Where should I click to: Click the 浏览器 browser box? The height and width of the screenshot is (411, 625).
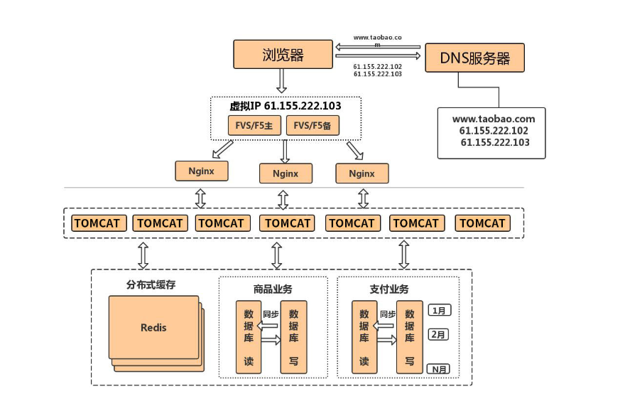pyautogui.click(x=283, y=55)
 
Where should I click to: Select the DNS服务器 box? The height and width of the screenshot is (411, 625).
pyautogui.click(x=474, y=58)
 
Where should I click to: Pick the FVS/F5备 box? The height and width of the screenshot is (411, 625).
pyautogui.click(x=313, y=126)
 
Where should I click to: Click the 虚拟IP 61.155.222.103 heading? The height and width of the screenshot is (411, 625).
pyautogui.click(x=285, y=106)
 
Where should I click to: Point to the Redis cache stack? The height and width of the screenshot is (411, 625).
pyautogui.click(x=155, y=329)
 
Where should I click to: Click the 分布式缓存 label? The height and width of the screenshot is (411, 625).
pyautogui.click(x=151, y=285)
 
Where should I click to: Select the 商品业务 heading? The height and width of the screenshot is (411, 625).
pyautogui.click(x=272, y=289)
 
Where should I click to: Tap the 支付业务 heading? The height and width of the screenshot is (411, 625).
pyautogui.click(x=389, y=289)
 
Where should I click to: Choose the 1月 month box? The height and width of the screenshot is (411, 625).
pyautogui.click(x=440, y=310)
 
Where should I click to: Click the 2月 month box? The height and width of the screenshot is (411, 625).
pyautogui.click(x=440, y=333)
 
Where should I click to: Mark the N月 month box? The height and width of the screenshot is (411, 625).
pyautogui.click(x=440, y=368)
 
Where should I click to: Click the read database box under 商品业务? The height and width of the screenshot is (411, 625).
pyautogui.click(x=249, y=337)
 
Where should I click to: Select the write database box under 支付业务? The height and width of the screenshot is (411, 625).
pyautogui.click(x=409, y=337)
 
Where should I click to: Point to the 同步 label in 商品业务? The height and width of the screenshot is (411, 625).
pyautogui.click(x=270, y=314)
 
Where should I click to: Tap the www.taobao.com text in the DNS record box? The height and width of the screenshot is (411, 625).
pyautogui.click(x=493, y=119)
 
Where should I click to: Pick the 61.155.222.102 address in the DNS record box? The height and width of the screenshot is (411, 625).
pyautogui.click(x=493, y=131)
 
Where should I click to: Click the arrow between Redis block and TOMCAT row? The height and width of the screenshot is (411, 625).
pyautogui.click(x=143, y=254)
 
